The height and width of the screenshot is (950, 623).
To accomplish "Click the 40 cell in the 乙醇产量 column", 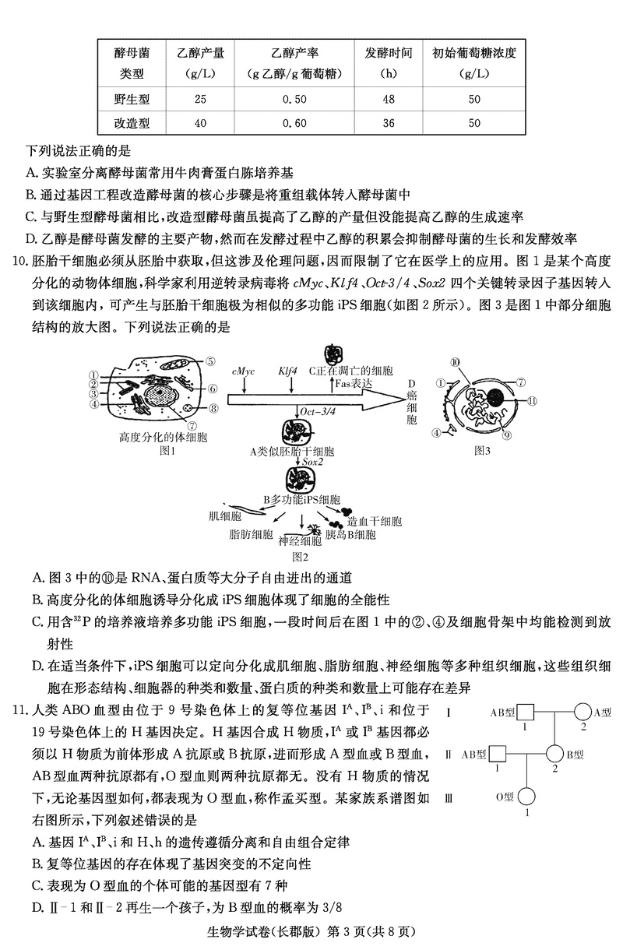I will click(x=201, y=123).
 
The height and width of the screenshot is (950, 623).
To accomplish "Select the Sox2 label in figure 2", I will click(x=314, y=462).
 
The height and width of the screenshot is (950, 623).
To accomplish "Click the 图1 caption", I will click(x=169, y=450).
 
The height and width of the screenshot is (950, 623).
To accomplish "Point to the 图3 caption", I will click(x=483, y=450).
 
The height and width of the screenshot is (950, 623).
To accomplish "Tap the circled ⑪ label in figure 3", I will click(x=533, y=402).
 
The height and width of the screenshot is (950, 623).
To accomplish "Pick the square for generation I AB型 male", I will click(x=526, y=712).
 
